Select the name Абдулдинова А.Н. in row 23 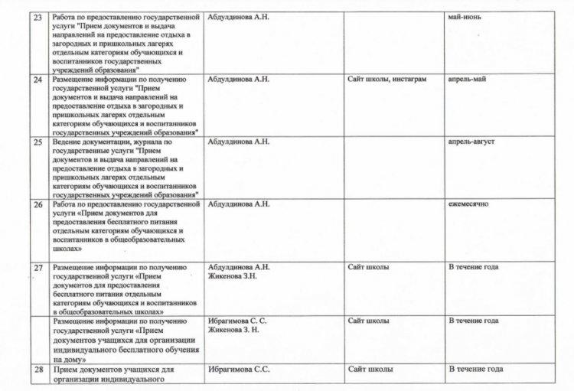coord(239,16)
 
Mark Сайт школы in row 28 coord(370,370)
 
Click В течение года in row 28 coord(476,370)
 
